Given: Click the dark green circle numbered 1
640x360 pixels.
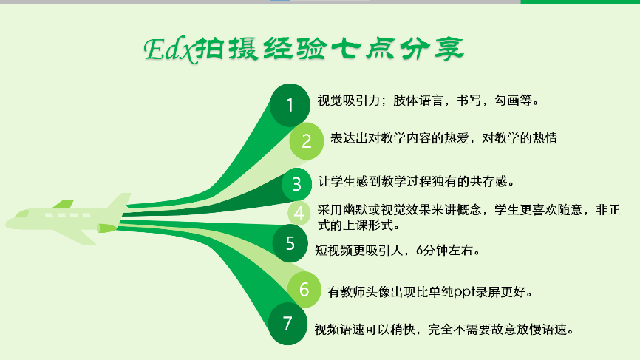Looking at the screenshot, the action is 290,105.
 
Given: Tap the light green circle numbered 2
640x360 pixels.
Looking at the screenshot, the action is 307,141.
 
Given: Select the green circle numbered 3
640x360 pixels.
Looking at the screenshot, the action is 297,184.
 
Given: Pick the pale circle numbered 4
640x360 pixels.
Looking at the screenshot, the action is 299,213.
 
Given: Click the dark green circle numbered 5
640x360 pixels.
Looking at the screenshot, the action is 290,243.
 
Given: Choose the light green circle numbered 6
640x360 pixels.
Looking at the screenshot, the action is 304,289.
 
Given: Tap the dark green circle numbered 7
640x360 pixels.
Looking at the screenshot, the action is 287,323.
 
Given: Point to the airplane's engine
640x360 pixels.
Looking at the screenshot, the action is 107,228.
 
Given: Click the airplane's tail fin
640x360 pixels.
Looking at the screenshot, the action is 119,202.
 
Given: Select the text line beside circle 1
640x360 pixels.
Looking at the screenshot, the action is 428,101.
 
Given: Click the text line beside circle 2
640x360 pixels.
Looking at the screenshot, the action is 443,138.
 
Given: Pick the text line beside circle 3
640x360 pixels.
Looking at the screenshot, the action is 416,181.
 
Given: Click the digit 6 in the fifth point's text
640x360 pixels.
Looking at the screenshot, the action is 420,250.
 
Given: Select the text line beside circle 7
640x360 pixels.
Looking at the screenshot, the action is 444,330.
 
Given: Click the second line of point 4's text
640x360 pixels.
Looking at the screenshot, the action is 358,225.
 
